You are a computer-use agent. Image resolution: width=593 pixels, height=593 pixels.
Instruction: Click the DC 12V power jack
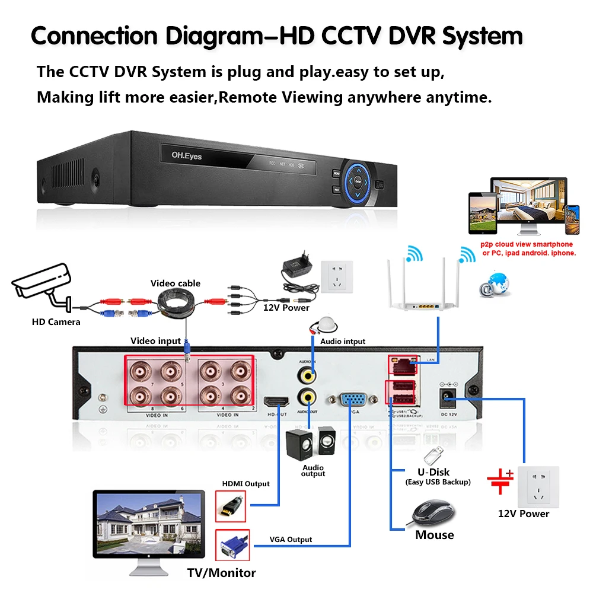[448, 397]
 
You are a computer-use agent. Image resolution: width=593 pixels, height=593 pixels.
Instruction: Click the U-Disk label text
[433, 472]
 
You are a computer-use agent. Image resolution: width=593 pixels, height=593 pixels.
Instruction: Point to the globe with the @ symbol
[495, 283]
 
